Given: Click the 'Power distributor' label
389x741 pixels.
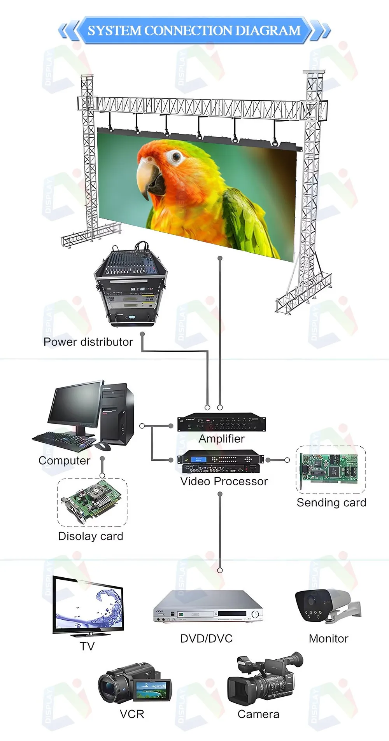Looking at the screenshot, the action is tap(88, 342).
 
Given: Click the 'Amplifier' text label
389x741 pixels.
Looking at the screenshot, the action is tap(221, 439).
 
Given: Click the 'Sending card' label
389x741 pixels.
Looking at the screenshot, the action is tap(331, 503).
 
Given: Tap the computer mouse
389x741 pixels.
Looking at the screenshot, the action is tap(103, 446).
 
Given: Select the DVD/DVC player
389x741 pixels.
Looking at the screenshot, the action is tap(208, 607).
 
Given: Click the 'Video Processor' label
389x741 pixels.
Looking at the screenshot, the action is tap(224, 481).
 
